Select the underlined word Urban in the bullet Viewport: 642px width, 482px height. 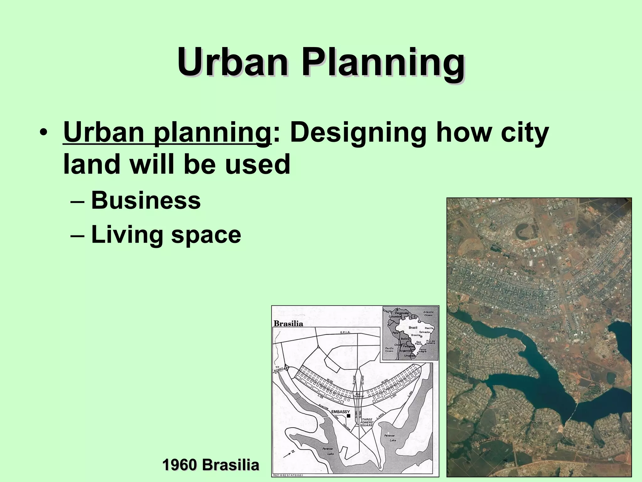coord(104,133)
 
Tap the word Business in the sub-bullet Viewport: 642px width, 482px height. coord(146,201)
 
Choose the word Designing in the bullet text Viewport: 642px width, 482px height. coord(358,133)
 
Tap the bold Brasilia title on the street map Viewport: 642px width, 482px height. coord(288,324)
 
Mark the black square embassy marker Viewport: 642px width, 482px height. coord(348,416)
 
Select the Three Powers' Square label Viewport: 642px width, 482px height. coord(367,422)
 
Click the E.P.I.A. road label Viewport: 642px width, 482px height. coord(345,332)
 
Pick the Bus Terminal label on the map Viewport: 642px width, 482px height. coord(358,395)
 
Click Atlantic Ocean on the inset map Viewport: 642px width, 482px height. coord(428,313)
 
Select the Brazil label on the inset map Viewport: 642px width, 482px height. coord(413,327)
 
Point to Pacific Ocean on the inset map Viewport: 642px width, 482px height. coord(389,350)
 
